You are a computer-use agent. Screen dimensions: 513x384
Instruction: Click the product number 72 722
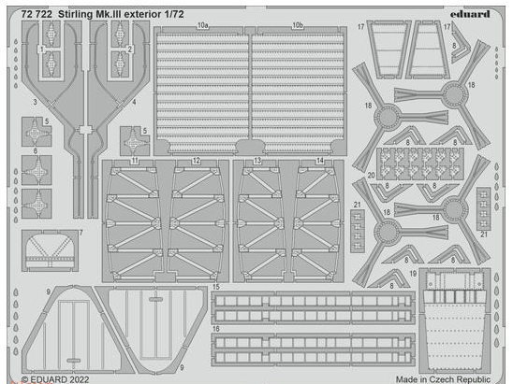(x=37, y=14)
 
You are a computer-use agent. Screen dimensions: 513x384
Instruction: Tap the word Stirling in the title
(x=71, y=14)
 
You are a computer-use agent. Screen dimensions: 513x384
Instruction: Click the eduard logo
(x=470, y=14)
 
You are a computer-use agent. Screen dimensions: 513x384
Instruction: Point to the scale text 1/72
(x=174, y=14)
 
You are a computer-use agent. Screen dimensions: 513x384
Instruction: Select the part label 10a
(x=202, y=25)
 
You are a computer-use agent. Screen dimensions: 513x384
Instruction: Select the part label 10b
(x=298, y=25)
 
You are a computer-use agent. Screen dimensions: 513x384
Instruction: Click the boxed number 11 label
(x=135, y=161)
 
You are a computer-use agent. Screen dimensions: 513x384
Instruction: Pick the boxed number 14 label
(x=319, y=161)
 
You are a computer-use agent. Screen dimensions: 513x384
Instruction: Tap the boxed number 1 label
(x=41, y=50)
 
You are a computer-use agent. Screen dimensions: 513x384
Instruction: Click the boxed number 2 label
(x=129, y=50)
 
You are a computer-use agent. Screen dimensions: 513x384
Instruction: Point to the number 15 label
(x=216, y=287)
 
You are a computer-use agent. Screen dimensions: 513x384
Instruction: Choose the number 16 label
(x=216, y=329)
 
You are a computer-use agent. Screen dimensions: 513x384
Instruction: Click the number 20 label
(x=371, y=176)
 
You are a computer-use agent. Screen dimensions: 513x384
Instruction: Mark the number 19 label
(x=413, y=274)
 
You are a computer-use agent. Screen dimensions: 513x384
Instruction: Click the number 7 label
(x=81, y=233)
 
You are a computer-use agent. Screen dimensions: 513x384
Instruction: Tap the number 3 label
(x=35, y=102)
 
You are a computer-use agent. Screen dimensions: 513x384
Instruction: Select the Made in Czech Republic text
(x=443, y=379)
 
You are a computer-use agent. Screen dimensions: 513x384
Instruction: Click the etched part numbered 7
(x=50, y=250)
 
